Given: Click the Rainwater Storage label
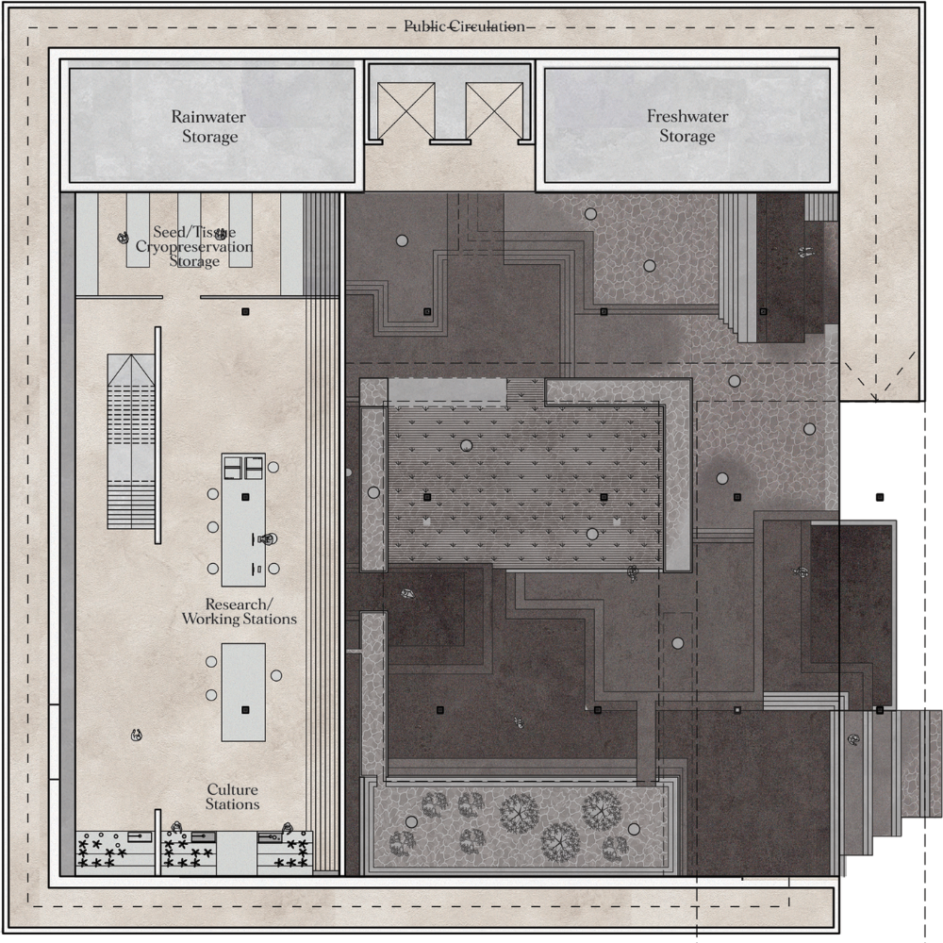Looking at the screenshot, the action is coord(209,126).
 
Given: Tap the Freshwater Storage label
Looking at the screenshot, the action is coord(687,125).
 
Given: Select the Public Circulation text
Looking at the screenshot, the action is coord(464,26).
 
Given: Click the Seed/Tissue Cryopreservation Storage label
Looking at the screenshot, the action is coord(194,246).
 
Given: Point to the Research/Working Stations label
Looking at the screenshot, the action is coord(240,612).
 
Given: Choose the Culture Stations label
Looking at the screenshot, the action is coord(233,797).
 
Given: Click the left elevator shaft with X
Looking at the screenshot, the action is coord(405,110).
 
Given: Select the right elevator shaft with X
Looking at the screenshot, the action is coord(494,110).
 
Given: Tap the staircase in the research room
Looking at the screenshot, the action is coord(131,441).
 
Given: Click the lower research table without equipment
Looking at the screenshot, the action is coord(243,692).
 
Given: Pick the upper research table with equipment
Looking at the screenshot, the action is coord(243,520).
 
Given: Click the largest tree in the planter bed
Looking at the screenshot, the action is coord(519,813).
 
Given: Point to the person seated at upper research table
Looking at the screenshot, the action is coord(269,539).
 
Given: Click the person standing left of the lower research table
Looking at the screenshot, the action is coord(137,735).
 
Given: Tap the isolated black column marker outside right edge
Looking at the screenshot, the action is coord(880,497).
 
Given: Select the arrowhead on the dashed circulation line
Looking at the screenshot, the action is coord(876,397).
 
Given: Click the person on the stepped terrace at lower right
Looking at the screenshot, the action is coord(852,739).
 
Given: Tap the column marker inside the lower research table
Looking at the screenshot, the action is coord(245,710).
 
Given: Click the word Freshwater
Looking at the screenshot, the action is coord(687,116).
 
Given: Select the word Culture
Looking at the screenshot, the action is coord(233,789).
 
